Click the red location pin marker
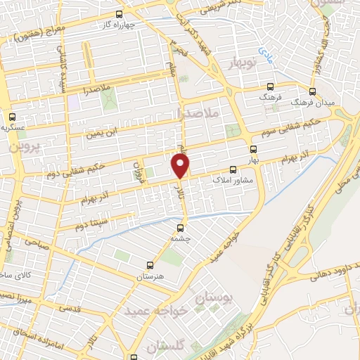(x=181, y=166)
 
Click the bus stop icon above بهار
(x=254, y=148)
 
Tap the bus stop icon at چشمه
(x=181, y=228)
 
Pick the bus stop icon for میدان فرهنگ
(x=312, y=92)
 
